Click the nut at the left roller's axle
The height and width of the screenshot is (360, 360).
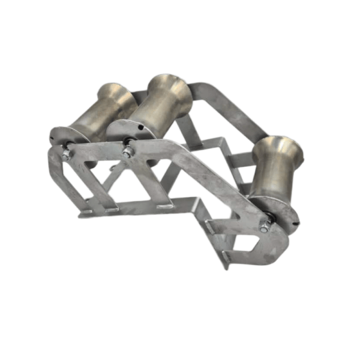tap(65, 153)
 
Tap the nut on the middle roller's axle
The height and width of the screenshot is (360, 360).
tap(127, 152)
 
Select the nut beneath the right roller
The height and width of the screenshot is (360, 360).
tap(264, 226)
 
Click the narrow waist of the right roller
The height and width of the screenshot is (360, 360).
tap(273, 174)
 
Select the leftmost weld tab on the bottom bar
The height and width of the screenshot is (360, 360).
tap(87, 211)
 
